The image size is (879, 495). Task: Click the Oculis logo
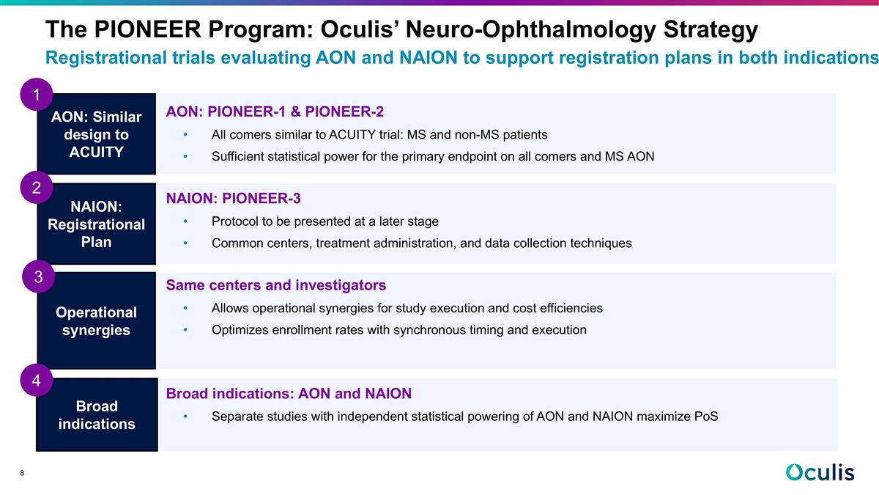820,473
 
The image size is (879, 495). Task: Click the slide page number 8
23,474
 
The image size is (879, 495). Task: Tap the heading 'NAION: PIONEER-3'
234,199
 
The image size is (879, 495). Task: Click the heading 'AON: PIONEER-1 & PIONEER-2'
275,111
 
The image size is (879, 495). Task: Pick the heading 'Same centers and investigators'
276,285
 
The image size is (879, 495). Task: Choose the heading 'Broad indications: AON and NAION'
289,394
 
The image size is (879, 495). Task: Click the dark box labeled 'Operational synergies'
96,321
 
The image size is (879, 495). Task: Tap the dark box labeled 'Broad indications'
96,415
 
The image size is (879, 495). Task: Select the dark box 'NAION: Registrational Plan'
96,224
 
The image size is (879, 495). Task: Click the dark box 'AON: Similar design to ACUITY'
96,134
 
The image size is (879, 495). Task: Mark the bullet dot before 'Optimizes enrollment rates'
187,330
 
